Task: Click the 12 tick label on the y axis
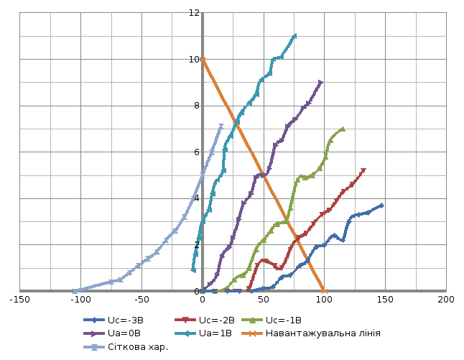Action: (x=193, y=13)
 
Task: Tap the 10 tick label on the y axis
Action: (x=193, y=60)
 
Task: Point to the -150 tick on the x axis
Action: (x=21, y=299)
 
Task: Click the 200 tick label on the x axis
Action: (x=445, y=299)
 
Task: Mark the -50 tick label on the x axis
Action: (x=141, y=299)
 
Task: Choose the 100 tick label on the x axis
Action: (x=325, y=299)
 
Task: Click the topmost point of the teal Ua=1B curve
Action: (x=294, y=36)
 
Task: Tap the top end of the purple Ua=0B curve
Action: (x=320, y=83)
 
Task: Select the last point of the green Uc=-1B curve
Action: (x=343, y=129)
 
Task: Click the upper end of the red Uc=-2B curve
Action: (x=363, y=170)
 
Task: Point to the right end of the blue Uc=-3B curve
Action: (x=382, y=206)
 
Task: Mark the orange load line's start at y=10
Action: (x=203, y=60)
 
